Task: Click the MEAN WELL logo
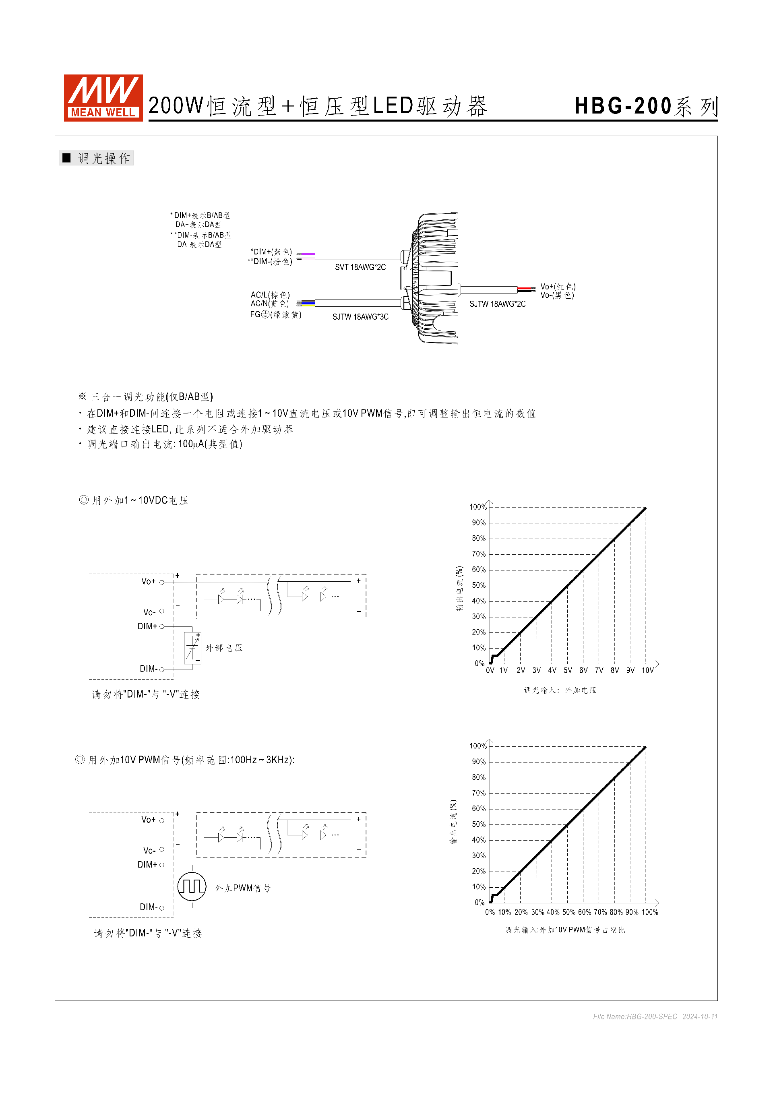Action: point(103,97)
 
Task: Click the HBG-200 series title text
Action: point(645,106)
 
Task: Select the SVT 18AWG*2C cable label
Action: point(360,268)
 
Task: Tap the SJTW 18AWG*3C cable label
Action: point(360,317)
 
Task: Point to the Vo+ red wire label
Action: point(557,287)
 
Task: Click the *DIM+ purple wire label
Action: point(271,252)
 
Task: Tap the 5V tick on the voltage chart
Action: point(567,670)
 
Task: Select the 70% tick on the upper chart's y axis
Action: point(478,554)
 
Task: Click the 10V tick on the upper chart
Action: point(647,670)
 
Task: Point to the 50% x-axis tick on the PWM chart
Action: point(568,912)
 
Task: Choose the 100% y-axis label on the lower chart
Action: point(477,746)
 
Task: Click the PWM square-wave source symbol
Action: point(192,886)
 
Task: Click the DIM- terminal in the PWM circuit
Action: point(161,908)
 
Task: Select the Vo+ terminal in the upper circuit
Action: point(161,582)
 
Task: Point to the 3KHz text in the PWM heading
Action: point(277,760)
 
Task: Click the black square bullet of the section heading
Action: point(67,157)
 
